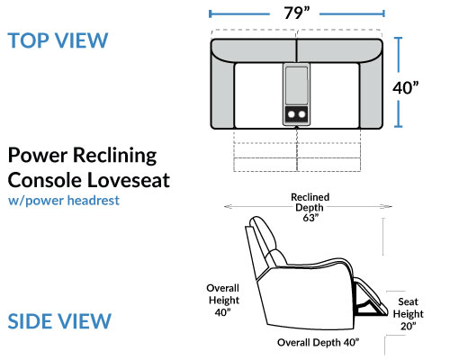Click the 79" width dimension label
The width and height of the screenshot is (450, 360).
click(297, 13)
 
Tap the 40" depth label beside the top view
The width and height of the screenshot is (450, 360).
click(405, 88)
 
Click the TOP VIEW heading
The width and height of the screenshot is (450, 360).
click(58, 40)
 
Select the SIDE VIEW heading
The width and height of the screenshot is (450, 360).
click(59, 321)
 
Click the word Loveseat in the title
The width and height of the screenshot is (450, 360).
click(129, 180)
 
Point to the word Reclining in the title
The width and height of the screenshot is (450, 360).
click(115, 156)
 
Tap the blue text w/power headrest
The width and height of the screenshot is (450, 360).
click(64, 201)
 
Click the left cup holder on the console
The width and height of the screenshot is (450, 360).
click(291, 114)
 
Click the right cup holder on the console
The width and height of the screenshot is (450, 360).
click(301, 114)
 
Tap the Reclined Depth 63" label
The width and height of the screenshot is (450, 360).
click(310, 207)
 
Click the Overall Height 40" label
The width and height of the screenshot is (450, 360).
click(223, 300)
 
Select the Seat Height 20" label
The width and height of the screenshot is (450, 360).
click(409, 314)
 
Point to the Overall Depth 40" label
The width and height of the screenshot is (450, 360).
click(319, 343)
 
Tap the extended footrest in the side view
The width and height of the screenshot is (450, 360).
click(371, 297)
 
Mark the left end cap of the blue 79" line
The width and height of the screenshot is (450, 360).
click(211, 13)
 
